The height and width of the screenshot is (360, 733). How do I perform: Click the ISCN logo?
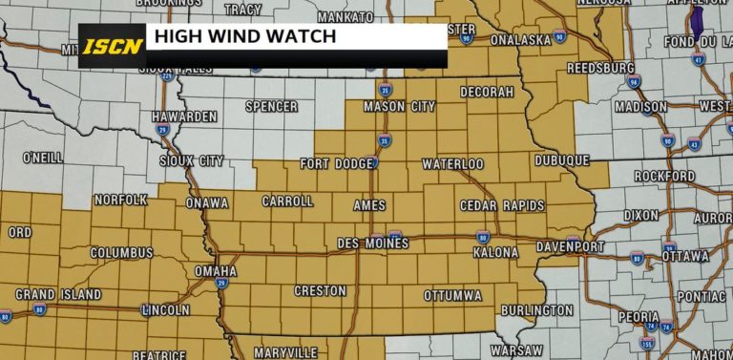pyautogui.click(x=111, y=45)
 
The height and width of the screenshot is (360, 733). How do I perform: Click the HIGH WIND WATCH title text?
pyautogui.click(x=245, y=37)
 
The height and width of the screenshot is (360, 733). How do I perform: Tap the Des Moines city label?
pyautogui.click(x=373, y=244)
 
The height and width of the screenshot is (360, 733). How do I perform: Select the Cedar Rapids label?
pyautogui.click(x=502, y=205)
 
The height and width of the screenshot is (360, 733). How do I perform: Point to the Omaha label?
pyautogui.click(x=216, y=271)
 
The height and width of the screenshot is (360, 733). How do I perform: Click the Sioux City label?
pyautogui.click(x=192, y=161)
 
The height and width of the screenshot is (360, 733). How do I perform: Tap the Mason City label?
pyautogui.click(x=398, y=106)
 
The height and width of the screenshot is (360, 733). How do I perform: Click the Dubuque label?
pyautogui.click(x=561, y=161)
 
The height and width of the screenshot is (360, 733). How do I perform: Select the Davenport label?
pyautogui.click(x=570, y=246)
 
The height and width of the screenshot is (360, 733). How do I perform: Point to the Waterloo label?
pyautogui.click(x=452, y=164)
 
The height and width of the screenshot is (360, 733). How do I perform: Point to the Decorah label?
pyautogui.click(x=487, y=92)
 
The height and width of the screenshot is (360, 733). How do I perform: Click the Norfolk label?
pyautogui.click(x=121, y=200)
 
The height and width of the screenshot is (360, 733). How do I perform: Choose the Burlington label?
pyautogui.click(x=536, y=310)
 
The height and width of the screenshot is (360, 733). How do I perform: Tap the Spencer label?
pyautogui.click(x=271, y=106)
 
